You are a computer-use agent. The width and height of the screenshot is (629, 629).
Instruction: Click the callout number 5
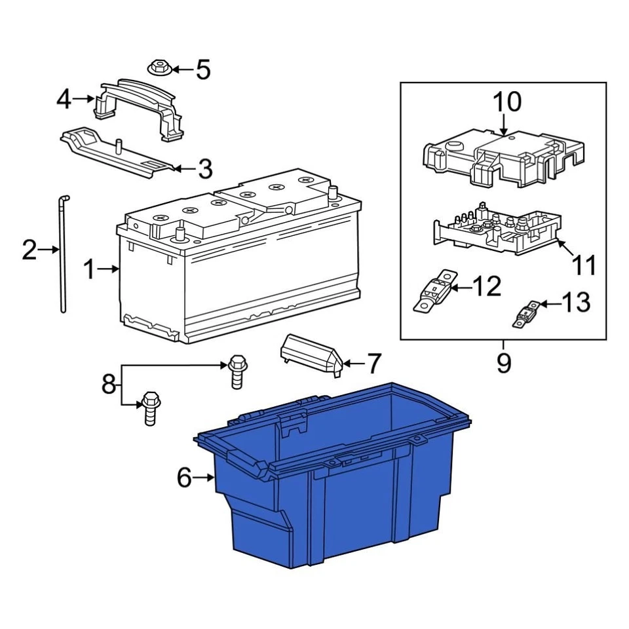pyautogui.click(x=203, y=69)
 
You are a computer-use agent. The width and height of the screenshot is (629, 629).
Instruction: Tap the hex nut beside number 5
pyautogui.click(x=157, y=67)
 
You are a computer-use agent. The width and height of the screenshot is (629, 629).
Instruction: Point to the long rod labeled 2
pyautogui.click(x=62, y=256)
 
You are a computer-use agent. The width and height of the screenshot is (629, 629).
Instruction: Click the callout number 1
pyautogui.click(x=89, y=269)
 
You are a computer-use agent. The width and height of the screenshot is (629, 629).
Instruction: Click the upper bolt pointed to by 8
pyautogui.click(x=237, y=370)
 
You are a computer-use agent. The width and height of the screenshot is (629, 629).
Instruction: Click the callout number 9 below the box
pyautogui.click(x=503, y=362)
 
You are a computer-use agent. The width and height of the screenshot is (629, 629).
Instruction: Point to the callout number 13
pyautogui.click(x=576, y=303)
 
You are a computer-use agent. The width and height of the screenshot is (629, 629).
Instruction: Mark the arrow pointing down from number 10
pyautogui.click(x=505, y=124)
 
